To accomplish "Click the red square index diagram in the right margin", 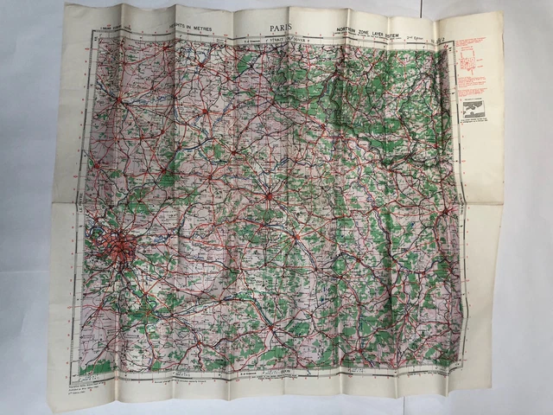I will click(x=472, y=59).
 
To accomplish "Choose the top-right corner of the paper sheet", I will click(x=500, y=12).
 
